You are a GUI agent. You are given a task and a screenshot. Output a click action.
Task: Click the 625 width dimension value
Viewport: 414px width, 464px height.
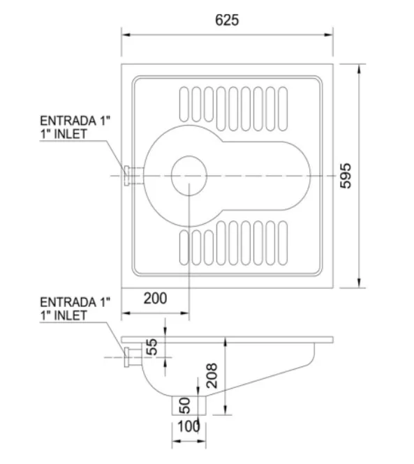pos(227,20)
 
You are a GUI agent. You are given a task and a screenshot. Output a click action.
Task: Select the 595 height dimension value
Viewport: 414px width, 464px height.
pos(346,176)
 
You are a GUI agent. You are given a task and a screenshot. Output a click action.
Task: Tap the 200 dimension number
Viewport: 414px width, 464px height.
pos(155,299)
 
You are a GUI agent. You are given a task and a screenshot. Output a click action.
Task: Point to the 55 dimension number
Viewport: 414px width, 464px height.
pos(151,347)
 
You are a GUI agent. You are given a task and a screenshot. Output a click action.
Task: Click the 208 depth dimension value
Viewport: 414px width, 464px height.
pos(212,375)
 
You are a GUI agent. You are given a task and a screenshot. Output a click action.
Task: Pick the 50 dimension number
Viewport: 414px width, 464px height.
pos(184,405)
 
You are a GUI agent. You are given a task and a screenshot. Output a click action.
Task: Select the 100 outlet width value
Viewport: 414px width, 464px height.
pos(189,426)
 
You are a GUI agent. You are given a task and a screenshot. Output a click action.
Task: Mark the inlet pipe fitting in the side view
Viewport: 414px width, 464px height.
pos(133,357)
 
